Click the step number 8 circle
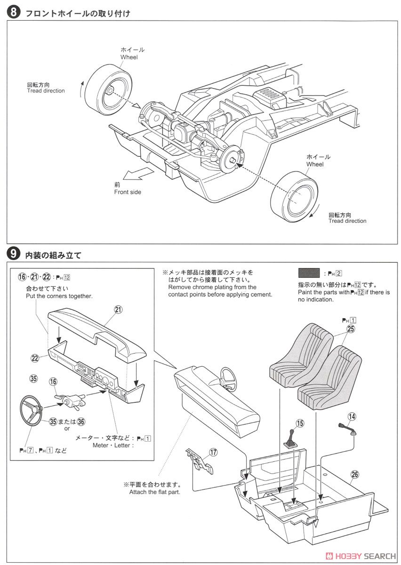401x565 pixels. (x=14, y=13)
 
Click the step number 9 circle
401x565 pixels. (x=14, y=255)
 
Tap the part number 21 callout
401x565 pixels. (x=118, y=309)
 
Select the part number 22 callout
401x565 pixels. (x=34, y=358)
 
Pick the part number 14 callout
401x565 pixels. (x=352, y=416)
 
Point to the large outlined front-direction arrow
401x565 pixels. (x=140, y=175)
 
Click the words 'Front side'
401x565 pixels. (x=127, y=192)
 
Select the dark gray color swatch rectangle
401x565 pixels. (x=309, y=273)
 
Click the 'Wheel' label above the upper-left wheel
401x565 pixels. (x=129, y=57)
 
